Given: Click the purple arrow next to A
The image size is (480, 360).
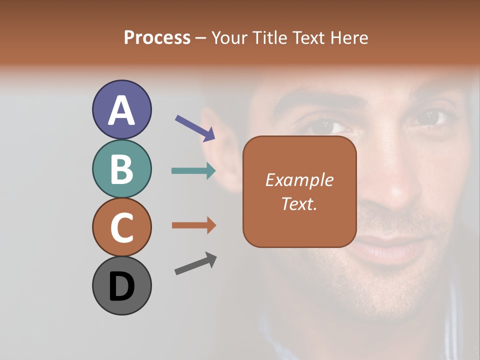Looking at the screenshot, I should coord(195,127).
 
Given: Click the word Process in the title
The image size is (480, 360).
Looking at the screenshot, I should coord(157,38).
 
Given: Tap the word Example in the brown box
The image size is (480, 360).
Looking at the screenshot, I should coord(299,180).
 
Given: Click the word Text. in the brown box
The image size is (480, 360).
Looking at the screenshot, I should coord(299,203).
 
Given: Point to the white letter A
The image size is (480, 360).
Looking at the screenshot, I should coord(122,110).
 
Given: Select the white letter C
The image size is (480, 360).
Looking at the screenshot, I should coord(122,228).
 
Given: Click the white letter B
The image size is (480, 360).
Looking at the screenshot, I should coord(122,169).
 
